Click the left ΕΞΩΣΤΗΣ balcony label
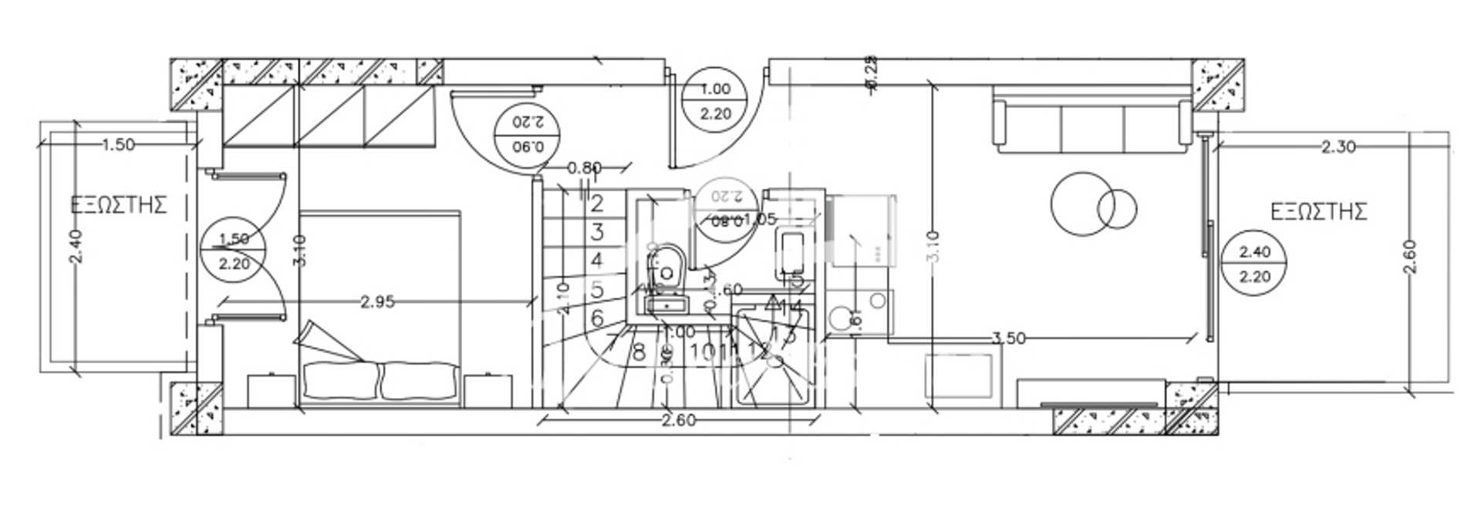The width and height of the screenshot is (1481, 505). pyautogui.click(x=119, y=205)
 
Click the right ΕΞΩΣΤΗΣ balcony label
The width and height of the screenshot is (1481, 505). pyautogui.click(x=1318, y=211)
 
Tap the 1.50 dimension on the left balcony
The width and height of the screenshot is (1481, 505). pyautogui.click(x=118, y=144)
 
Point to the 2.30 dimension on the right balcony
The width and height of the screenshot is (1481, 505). pyautogui.click(x=1338, y=146)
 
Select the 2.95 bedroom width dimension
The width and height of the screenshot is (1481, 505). pyautogui.click(x=378, y=301)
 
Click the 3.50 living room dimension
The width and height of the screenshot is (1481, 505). pyautogui.click(x=1008, y=338)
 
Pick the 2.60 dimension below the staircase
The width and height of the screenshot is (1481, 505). pyautogui.click(x=678, y=420)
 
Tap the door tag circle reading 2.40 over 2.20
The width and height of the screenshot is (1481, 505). pyautogui.click(x=1254, y=264)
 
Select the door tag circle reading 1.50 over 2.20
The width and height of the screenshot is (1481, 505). pyautogui.click(x=233, y=251)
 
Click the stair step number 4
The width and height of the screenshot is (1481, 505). pyautogui.click(x=596, y=261)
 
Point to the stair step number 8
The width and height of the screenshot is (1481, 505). pyautogui.click(x=639, y=353)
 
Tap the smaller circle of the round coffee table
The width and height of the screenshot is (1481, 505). pyautogui.click(x=1117, y=209)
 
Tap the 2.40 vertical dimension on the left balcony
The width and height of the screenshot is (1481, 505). pyautogui.click(x=75, y=247)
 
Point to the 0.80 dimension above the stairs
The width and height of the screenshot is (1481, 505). pyautogui.click(x=584, y=167)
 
